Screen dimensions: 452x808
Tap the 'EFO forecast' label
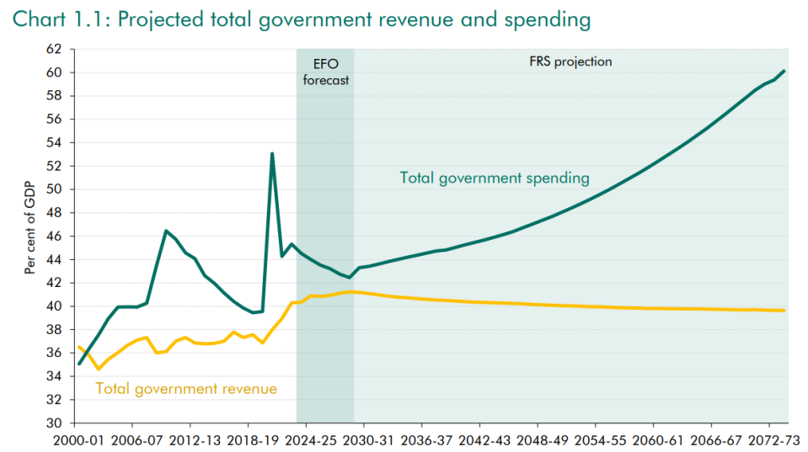(x=325, y=72)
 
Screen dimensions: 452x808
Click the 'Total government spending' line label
(x=494, y=178)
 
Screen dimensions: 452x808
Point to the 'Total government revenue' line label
(x=186, y=388)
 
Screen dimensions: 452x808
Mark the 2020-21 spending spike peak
(x=272, y=153)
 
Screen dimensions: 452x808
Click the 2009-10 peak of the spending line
(x=166, y=231)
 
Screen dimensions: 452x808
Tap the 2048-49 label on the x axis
(x=538, y=439)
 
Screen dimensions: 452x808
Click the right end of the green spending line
(x=785, y=71)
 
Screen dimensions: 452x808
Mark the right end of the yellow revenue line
(x=785, y=311)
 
